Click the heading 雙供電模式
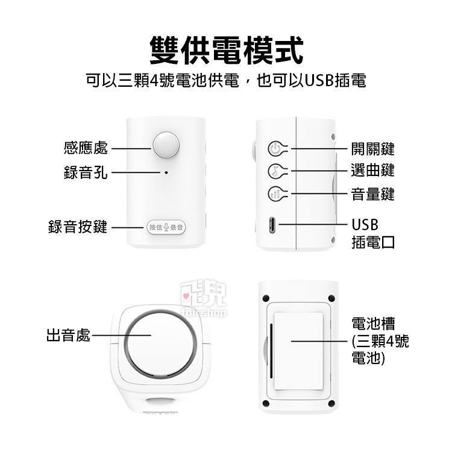tap(226, 49)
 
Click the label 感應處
tap(86, 148)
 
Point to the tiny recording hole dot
tap(166, 172)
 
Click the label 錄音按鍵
tap(78, 227)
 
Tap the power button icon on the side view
tap(274, 148)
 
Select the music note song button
tap(274, 171)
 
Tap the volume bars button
tap(274, 194)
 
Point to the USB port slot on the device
tap(274, 225)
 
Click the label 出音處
tap(68, 336)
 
